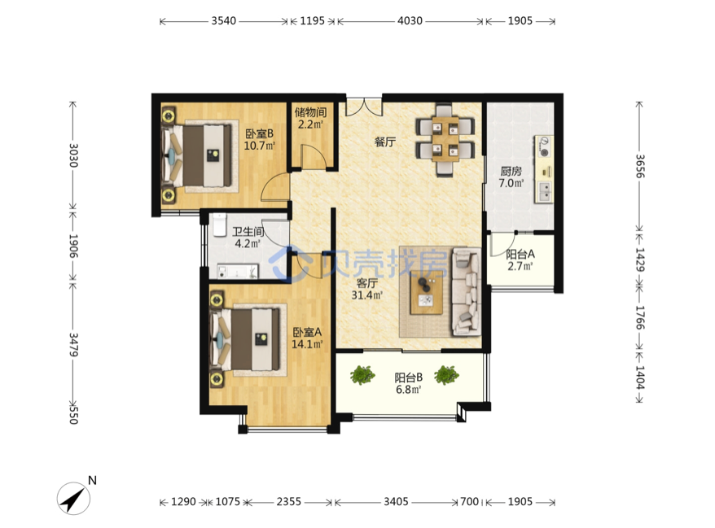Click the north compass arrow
pyautogui.click(x=73, y=499)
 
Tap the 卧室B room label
pyautogui.click(x=259, y=134)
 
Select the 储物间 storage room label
pyautogui.click(x=310, y=112)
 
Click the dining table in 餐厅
pyautogui.click(x=445, y=139)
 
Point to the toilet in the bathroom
pyautogui.click(x=219, y=225)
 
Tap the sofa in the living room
pyautogui.click(x=466, y=292)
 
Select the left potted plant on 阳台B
pyautogui.click(x=362, y=375)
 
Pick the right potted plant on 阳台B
pyautogui.click(x=446, y=375)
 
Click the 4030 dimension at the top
pyautogui.click(x=410, y=21)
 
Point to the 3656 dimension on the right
pyautogui.click(x=640, y=166)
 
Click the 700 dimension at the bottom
pyautogui.click(x=469, y=502)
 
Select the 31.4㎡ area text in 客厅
pyautogui.click(x=367, y=295)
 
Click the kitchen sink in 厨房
pyautogui.click(x=545, y=192)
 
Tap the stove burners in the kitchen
pyautogui.click(x=544, y=146)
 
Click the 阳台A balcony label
pyautogui.click(x=520, y=254)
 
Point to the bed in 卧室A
pyautogui.click(x=245, y=339)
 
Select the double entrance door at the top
pyautogui.click(x=363, y=106)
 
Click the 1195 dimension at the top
pyautogui.click(x=313, y=21)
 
